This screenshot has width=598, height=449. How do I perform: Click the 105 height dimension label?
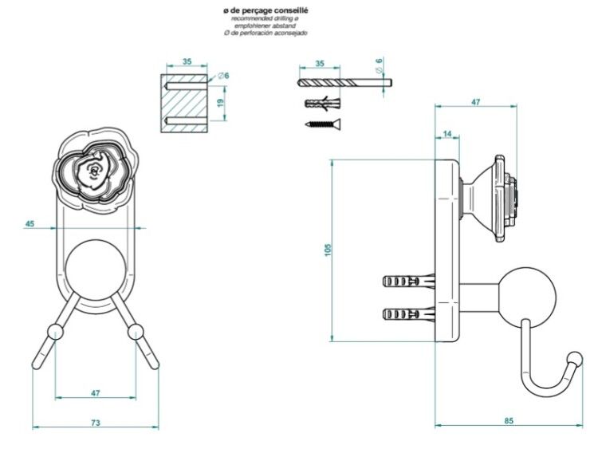point(329,250)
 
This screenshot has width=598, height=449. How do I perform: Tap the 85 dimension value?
point(509,421)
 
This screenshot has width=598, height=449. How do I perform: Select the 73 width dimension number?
point(96,423)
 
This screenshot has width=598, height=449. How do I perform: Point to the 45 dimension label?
point(30,223)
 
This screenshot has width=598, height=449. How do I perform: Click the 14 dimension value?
point(447,133)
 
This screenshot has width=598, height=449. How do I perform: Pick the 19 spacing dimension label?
point(220,103)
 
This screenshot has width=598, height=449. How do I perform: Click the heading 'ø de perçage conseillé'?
point(266,10)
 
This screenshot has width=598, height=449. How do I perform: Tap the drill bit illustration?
point(344,82)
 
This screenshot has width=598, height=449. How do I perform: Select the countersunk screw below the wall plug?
point(323,124)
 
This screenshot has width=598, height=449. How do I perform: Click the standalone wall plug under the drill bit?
point(323,103)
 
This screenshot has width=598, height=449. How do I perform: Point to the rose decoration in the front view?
point(95,169)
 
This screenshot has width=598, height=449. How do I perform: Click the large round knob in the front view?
point(96,270)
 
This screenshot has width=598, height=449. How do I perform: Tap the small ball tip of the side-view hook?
point(575,360)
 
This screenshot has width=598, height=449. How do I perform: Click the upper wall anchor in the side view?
point(409,282)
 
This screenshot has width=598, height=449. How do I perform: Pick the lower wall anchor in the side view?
point(409,314)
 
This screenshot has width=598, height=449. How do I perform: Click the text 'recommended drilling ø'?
point(266,18)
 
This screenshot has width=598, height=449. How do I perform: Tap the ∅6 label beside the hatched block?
point(223,76)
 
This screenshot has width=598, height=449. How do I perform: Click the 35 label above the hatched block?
point(187,61)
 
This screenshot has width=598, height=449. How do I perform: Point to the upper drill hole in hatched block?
point(184,85)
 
